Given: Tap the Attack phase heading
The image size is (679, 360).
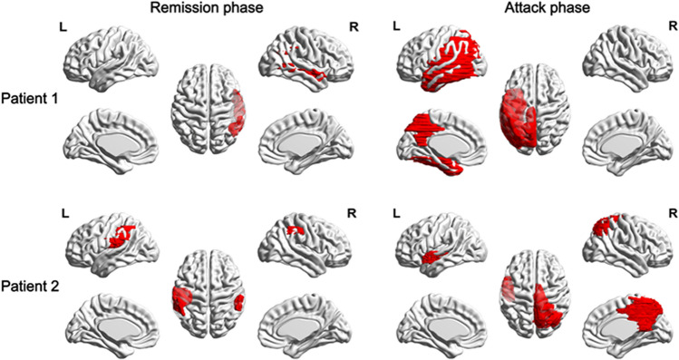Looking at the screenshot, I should tap(536, 9).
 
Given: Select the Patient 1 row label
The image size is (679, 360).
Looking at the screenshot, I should tap(31, 98).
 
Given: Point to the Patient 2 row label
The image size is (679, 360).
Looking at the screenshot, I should tap(31, 270).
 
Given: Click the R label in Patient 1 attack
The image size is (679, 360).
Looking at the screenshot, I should tap(657, 27).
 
